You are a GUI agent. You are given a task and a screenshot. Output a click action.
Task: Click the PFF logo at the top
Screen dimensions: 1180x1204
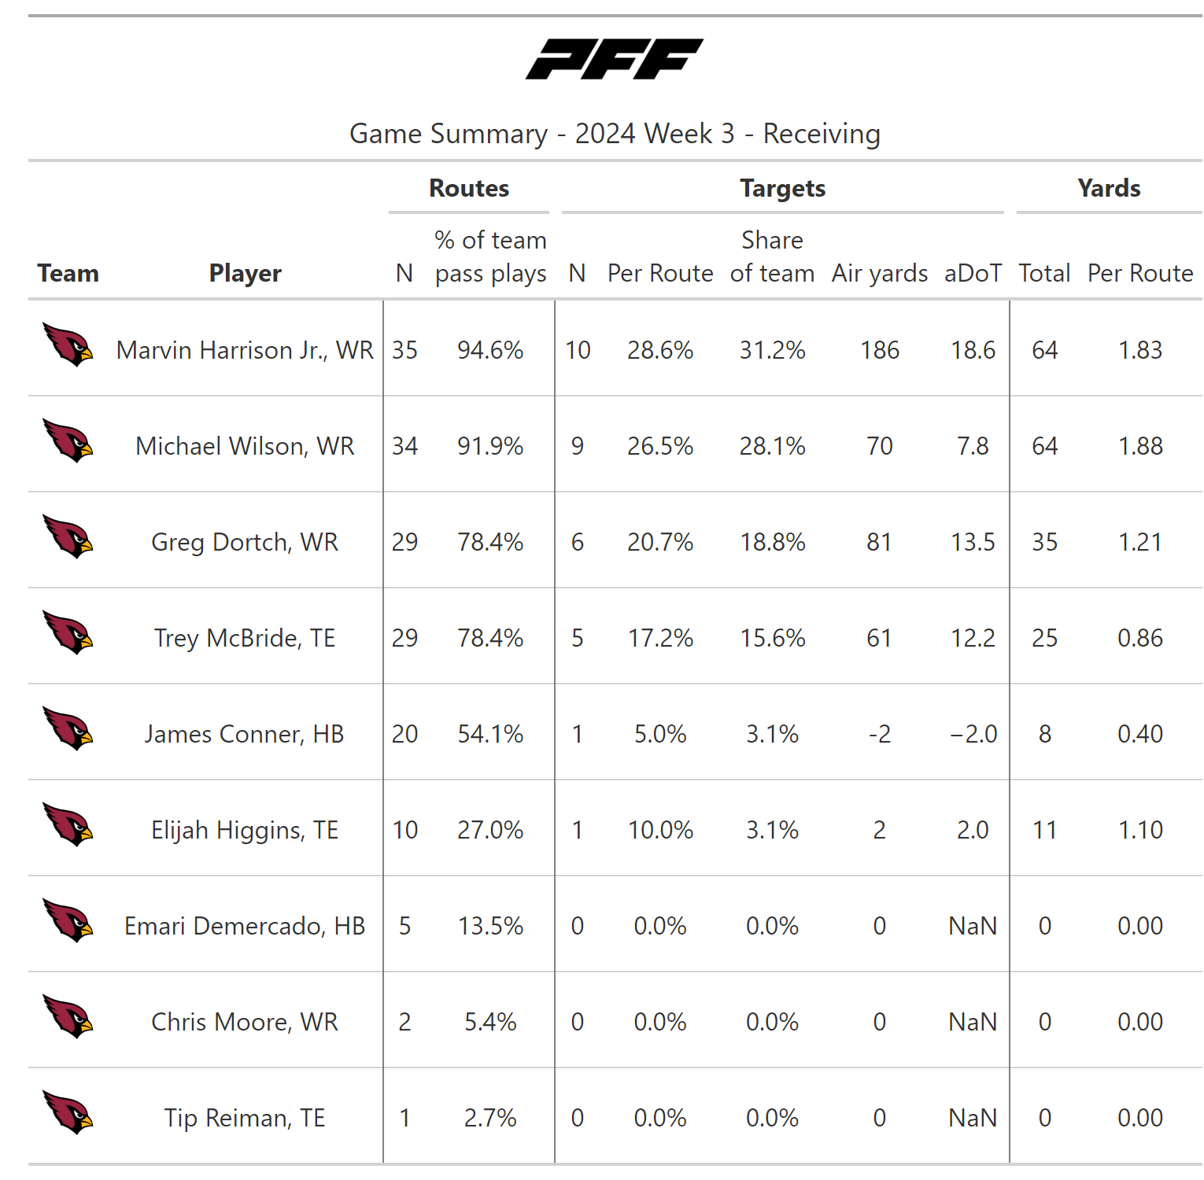[614, 59]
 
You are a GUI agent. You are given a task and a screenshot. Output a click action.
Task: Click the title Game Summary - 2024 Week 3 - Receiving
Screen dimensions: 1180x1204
[615, 134]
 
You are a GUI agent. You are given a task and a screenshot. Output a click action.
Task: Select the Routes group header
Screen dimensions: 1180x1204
[469, 188]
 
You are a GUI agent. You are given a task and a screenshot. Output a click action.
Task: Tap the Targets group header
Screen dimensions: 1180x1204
[782, 188]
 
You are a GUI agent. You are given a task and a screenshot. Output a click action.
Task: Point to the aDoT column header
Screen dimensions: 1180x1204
[973, 273]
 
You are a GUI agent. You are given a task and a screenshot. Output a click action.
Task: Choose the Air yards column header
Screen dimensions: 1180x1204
[879, 273]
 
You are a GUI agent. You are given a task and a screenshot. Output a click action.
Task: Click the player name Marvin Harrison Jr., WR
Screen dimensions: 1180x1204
[245, 350]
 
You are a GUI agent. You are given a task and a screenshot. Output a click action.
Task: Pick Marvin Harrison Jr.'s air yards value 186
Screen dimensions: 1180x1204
[879, 350]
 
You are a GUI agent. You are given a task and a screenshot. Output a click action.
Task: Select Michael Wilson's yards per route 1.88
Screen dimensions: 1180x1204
[1139, 446]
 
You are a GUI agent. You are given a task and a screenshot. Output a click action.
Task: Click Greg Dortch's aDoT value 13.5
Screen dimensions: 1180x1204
[973, 542]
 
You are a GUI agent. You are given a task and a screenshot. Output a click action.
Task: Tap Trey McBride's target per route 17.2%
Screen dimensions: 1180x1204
[660, 638]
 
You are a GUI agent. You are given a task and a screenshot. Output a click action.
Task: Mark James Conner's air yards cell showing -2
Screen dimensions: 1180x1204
[879, 734]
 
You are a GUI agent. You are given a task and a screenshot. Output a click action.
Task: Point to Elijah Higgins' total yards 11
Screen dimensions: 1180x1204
[1044, 830]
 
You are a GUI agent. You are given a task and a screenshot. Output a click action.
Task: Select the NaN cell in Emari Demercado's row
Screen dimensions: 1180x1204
[973, 926]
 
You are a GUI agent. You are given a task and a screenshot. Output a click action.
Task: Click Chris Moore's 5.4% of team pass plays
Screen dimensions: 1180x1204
[490, 1022]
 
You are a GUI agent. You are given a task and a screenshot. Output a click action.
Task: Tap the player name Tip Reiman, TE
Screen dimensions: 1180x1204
[245, 1118]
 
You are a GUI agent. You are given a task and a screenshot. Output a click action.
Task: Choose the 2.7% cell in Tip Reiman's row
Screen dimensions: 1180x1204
[490, 1118]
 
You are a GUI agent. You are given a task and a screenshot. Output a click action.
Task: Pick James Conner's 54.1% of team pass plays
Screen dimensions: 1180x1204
[490, 734]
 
